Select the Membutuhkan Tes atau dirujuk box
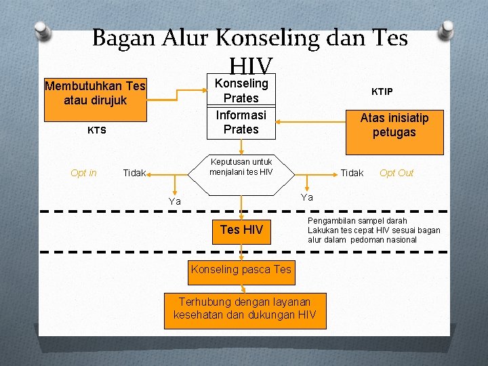point(95,94)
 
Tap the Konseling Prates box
point(241,91)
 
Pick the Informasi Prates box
point(241,122)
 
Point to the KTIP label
point(382,91)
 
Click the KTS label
point(97,130)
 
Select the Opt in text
point(83,173)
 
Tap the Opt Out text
point(396,173)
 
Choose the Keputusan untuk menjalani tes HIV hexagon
point(241,167)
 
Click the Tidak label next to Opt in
point(134,174)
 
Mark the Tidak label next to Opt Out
point(352,173)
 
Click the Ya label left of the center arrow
point(175,201)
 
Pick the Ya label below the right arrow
point(307,197)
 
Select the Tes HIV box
point(241,230)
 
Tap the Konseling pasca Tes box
point(241,270)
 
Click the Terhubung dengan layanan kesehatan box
point(245,309)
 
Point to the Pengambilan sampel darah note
point(373,230)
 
